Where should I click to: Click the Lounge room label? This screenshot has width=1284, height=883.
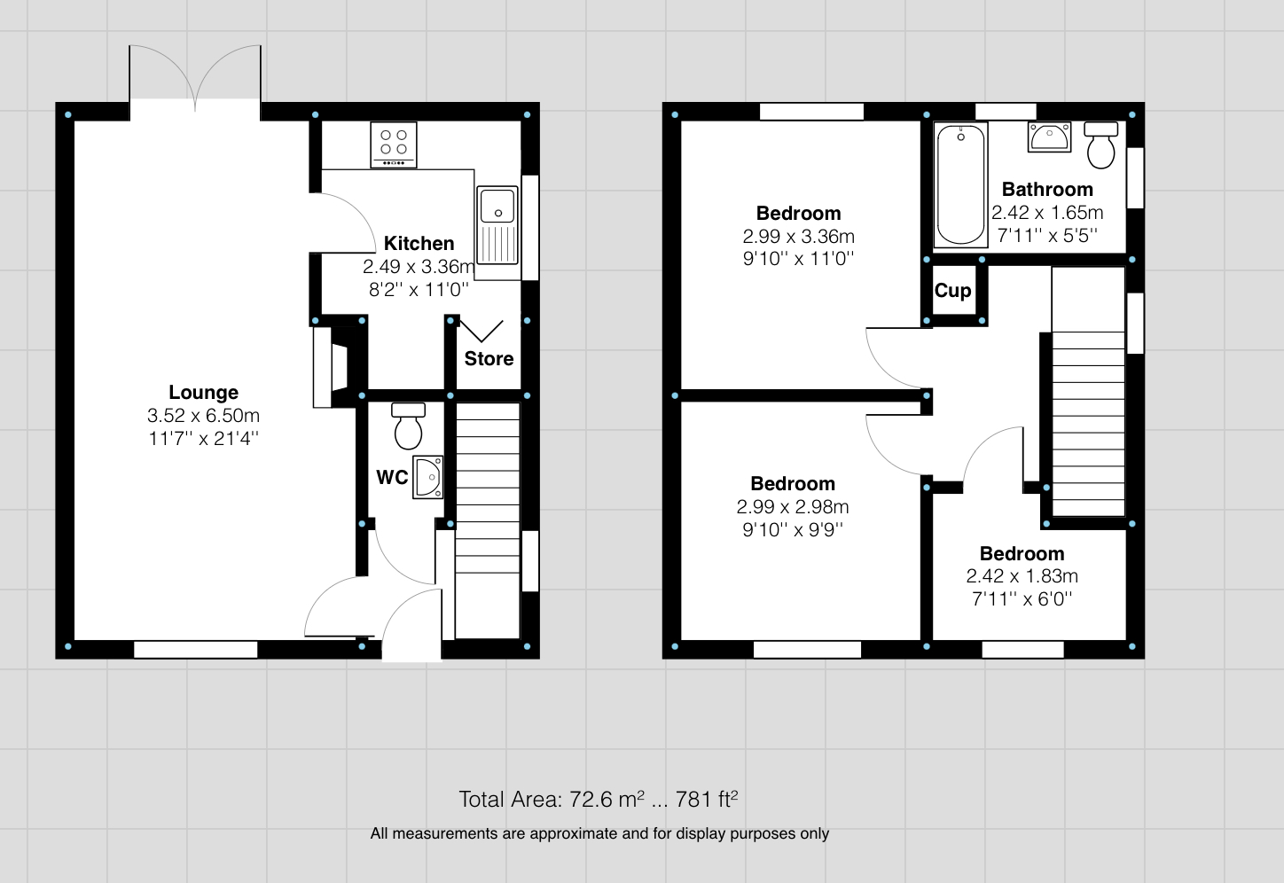pyautogui.click(x=203, y=392)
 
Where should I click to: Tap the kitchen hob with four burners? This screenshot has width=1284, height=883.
pyautogui.click(x=394, y=144)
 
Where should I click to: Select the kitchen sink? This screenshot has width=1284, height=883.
pyautogui.click(x=497, y=225)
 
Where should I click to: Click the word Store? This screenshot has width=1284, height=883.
pyautogui.click(x=489, y=358)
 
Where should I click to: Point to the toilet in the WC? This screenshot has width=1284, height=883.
pyautogui.click(x=408, y=427)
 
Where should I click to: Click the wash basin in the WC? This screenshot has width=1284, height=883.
pyautogui.click(x=428, y=477)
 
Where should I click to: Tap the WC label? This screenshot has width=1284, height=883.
pyautogui.click(x=392, y=477)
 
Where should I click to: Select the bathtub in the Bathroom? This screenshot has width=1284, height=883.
pyautogui.click(x=960, y=184)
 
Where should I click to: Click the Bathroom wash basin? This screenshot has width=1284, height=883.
pyautogui.click(x=1050, y=137)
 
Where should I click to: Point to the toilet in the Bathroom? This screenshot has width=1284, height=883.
pyautogui.click(x=1101, y=145)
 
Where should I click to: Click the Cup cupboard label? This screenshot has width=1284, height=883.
pyautogui.click(x=952, y=291)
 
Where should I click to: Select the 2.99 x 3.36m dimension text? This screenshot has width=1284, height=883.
pyautogui.click(x=798, y=236)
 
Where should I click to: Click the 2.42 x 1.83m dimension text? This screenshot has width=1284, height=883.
pyautogui.click(x=1022, y=576)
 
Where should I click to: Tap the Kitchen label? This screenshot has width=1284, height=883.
pyautogui.click(x=419, y=243)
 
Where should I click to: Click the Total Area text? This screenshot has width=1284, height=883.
pyautogui.click(x=598, y=799)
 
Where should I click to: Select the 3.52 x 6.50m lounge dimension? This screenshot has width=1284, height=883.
pyautogui.click(x=203, y=415)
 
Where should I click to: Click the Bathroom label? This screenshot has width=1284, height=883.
pyautogui.click(x=1047, y=189)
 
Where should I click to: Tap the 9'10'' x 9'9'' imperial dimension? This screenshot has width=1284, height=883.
pyautogui.click(x=792, y=530)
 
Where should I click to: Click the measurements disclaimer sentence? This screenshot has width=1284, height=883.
pyautogui.click(x=599, y=833)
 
